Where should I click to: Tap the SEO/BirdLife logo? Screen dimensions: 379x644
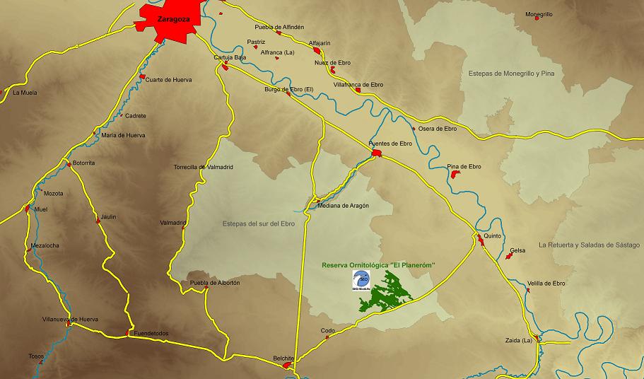[x=362, y=280]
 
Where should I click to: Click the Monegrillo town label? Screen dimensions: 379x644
[x=539, y=14]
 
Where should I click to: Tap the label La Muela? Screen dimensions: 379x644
[x=25, y=92]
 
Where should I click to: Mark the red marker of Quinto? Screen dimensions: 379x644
[x=480, y=242]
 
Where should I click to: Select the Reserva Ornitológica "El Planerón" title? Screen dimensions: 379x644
[x=378, y=264]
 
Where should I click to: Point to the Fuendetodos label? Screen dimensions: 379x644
[x=152, y=333]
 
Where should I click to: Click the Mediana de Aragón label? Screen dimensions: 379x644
[x=344, y=205]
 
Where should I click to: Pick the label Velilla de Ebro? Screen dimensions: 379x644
[x=546, y=283]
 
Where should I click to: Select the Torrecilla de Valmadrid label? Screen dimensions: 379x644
[x=203, y=167]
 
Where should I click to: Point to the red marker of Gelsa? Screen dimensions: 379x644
[x=508, y=256]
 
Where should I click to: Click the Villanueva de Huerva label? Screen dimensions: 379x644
[x=70, y=319]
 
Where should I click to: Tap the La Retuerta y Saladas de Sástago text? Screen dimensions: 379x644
[x=590, y=245]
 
